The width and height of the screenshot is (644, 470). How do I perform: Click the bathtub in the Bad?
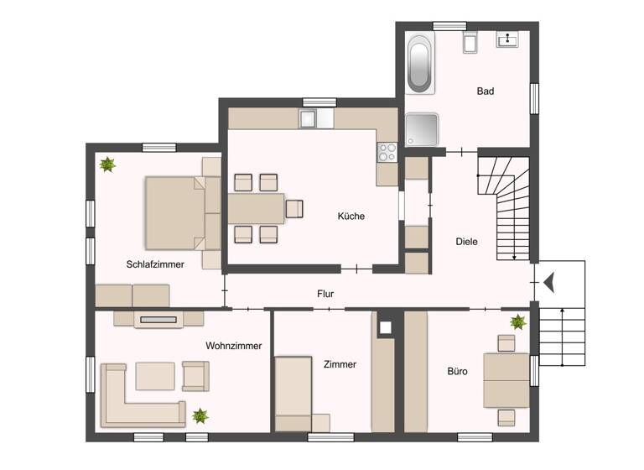click(420, 63)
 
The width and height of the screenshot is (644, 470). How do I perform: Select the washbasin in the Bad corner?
click(507, 39)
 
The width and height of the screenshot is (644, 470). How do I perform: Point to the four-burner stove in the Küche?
click(387, 152)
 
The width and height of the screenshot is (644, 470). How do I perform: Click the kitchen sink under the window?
click(316, 119)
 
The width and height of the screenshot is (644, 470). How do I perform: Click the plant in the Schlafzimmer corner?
click(107, 164)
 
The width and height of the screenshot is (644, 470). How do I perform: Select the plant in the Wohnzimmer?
click(200, 415)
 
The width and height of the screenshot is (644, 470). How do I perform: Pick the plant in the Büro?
click(518, 321)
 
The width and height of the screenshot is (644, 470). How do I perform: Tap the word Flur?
click(326, 295)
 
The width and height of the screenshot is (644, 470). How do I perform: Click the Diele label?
click(466, 242)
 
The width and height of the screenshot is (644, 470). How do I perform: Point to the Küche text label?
click(351, 217)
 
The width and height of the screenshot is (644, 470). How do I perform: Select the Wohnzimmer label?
click(233, 346)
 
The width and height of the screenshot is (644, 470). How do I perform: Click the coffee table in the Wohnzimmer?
click(155, 375)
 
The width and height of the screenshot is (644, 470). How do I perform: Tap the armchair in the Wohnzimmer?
click(195, 375)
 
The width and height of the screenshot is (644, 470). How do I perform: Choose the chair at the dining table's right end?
click(294, 208)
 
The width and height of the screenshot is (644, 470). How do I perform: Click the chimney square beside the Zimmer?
click(385, 326)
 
